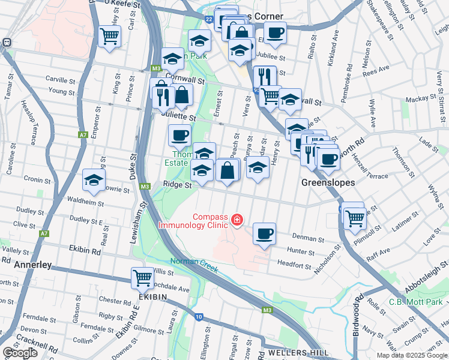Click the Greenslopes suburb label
[x=328, y=182]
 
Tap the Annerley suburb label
[x=28, y=264]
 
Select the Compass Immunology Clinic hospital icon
[x=238, y=220]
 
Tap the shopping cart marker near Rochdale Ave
[x=143, y=277]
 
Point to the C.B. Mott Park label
[x=415, y=302]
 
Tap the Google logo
[x=20, y=352]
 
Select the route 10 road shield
[x=199, y=316]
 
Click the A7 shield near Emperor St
[x=82, y=135]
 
